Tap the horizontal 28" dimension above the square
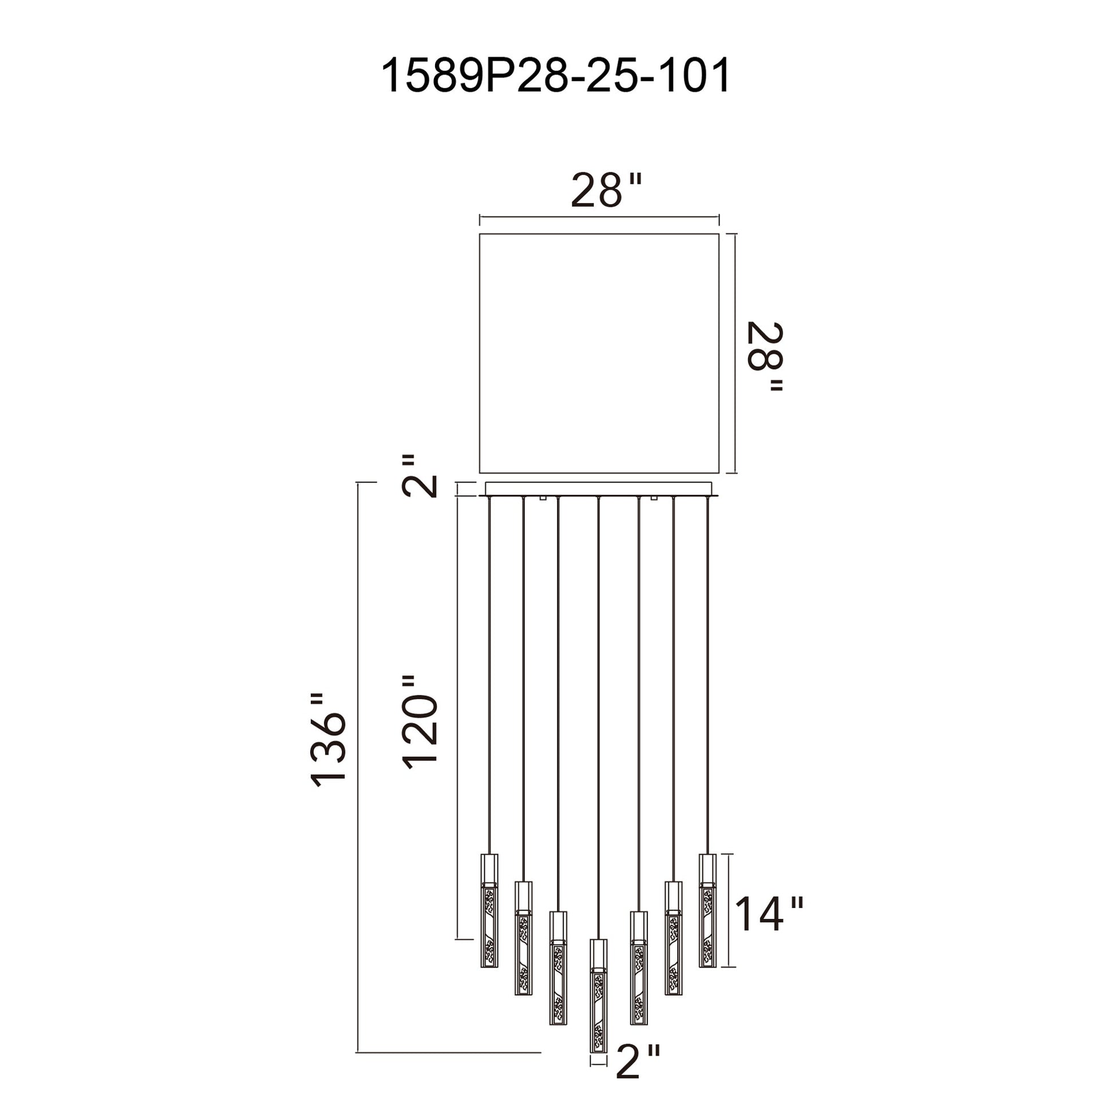pyautogui.click(x=606, y=190)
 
